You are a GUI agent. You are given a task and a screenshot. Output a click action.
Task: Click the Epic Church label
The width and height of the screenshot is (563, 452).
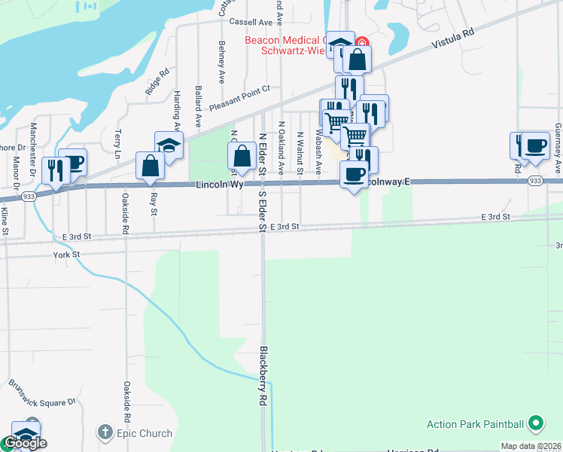144,433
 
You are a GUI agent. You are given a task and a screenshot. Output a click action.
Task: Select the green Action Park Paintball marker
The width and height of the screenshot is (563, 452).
535,423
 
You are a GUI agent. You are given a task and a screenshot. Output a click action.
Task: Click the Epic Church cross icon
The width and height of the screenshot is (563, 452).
105,433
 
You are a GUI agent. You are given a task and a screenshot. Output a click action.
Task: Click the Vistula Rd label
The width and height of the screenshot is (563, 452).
454,41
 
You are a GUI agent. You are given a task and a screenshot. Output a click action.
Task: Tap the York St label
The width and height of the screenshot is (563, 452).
66,255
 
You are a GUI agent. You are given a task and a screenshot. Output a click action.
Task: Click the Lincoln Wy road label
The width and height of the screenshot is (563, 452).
219,185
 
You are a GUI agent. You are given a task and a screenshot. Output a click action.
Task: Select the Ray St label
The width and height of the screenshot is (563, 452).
154,203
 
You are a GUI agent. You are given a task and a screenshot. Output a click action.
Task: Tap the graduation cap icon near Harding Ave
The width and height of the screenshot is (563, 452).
169,145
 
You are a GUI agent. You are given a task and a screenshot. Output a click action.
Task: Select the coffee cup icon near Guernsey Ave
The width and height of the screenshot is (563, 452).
535,145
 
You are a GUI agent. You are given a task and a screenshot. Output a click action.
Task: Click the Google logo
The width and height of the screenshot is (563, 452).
24,444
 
